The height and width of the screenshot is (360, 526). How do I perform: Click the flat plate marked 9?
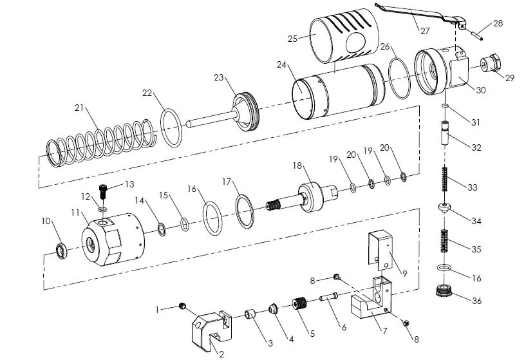[x=382, y=251]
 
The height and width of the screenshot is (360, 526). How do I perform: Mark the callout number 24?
[x=281, y=65]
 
